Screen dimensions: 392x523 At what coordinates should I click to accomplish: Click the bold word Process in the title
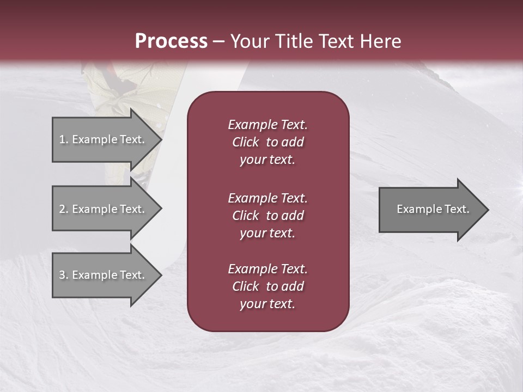click(x=171, y=41)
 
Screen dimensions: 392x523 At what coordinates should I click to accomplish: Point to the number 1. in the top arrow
click(x=64, y=139)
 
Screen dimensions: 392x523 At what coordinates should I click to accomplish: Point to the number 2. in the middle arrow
click(x=64, y=209)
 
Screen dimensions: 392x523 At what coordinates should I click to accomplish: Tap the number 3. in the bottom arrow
click(x=64, y=275)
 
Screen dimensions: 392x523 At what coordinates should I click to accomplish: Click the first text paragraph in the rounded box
click(x=268, y=142)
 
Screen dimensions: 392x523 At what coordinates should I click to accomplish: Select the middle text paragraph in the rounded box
click(x=268, y=216)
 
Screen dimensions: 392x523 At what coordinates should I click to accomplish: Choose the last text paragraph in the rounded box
click(x=268, y=286)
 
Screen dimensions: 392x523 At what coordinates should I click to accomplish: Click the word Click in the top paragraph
click(x=246, y=142)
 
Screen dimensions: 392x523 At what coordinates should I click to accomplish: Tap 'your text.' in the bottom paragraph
click(x=267, y=304)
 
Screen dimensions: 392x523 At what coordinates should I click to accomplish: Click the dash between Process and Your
click(x=218, y=41)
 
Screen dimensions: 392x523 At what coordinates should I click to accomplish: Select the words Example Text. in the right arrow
click(x=433, y=209)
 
